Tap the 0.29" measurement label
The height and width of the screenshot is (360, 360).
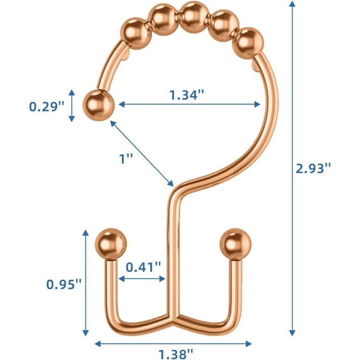(x=47, y=106)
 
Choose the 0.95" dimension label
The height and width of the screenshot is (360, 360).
(x=65, y=284)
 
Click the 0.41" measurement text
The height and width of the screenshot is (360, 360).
(x=143, y=266)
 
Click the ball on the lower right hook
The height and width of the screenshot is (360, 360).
(x=234, y=243)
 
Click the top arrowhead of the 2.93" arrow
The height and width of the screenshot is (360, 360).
(x=292, y=5)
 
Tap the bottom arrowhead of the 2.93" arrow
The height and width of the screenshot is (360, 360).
(x=292, y=332)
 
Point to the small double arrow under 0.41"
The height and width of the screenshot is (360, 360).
(x=141, y=278)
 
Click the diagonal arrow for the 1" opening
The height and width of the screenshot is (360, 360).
(x=142, y=154)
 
